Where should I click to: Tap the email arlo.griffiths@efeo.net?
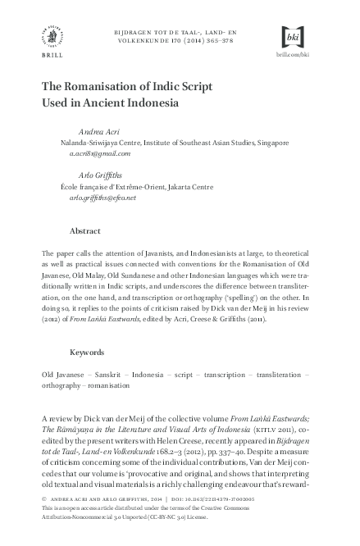(103, 197)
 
